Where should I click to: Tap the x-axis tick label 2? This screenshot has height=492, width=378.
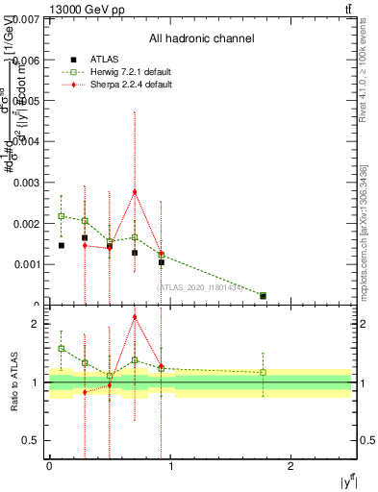point(290,466)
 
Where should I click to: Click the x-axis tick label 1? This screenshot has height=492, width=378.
point(170,466)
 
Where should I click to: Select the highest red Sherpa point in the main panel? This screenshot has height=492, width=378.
point(135,191)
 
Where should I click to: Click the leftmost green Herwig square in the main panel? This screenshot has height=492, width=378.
point(62,215)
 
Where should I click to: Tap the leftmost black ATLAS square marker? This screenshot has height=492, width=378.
point(62,245)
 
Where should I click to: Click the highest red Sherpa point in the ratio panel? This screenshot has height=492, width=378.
point(135,317)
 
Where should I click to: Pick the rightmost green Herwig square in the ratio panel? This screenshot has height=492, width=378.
point(264,372)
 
